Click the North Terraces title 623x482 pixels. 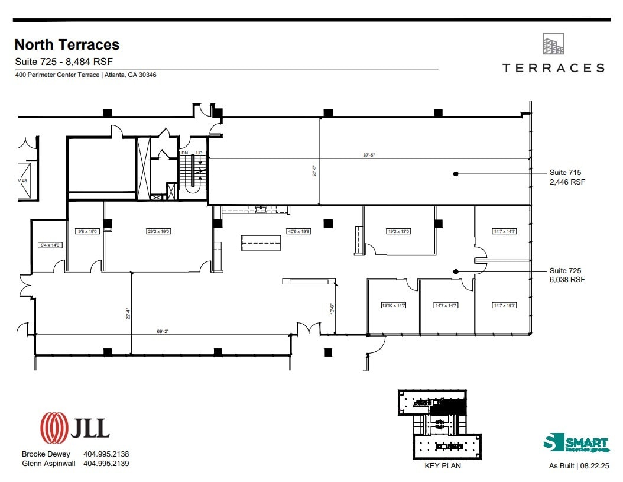tap(67, 45)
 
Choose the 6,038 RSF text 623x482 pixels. tap(567, 280)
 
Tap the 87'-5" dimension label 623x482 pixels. tap(369, 155)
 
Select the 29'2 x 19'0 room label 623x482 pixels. tap(158, 231)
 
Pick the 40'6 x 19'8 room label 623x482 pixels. tap(298, 231)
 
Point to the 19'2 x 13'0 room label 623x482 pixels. tap(398, 231)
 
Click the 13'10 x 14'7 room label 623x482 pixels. tap(394, 306)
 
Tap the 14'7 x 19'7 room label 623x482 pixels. tap(505, 306)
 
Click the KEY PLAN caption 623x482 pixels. tap(443, 465)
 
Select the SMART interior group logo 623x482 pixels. tap(576, 444)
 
